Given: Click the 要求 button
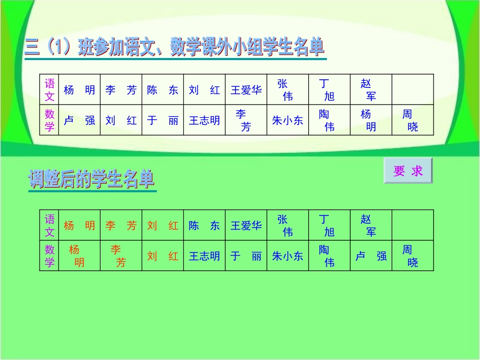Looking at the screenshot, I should (x=408, y=171).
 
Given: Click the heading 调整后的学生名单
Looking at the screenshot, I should (x=91, y=180).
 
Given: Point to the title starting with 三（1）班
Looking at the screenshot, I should (x=174, y=48).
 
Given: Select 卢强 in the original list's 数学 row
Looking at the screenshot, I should (x=79, y=120).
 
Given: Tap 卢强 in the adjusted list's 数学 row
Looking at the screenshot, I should (x=371, y=256).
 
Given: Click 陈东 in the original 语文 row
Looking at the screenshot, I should (x=163, y=90).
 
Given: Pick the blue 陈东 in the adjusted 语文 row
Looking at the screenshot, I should (x=204, y=226).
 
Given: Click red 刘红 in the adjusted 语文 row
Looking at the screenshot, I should (x=163, y=226).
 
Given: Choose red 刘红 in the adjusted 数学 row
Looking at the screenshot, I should (x=163, y=256).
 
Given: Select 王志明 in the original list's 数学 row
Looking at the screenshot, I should (x=204, y=120).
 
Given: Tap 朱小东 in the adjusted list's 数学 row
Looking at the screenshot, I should (x=287, y=256).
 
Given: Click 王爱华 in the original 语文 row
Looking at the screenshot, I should (x=246, y=90).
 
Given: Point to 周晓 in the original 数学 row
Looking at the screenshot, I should (x=412, y=121).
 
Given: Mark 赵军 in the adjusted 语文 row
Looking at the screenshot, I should (x=371, y=226).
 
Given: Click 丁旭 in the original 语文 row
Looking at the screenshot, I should (x=329, y=90).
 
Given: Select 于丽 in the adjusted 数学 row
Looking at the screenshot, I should (x=246, y=256).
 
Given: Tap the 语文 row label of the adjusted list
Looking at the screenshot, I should (x=50, y=226).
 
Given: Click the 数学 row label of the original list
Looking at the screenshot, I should (x=50, y=120).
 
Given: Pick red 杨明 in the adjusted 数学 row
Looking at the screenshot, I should (x=79, y=256).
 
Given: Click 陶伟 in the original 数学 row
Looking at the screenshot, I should (x=329, y=121).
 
